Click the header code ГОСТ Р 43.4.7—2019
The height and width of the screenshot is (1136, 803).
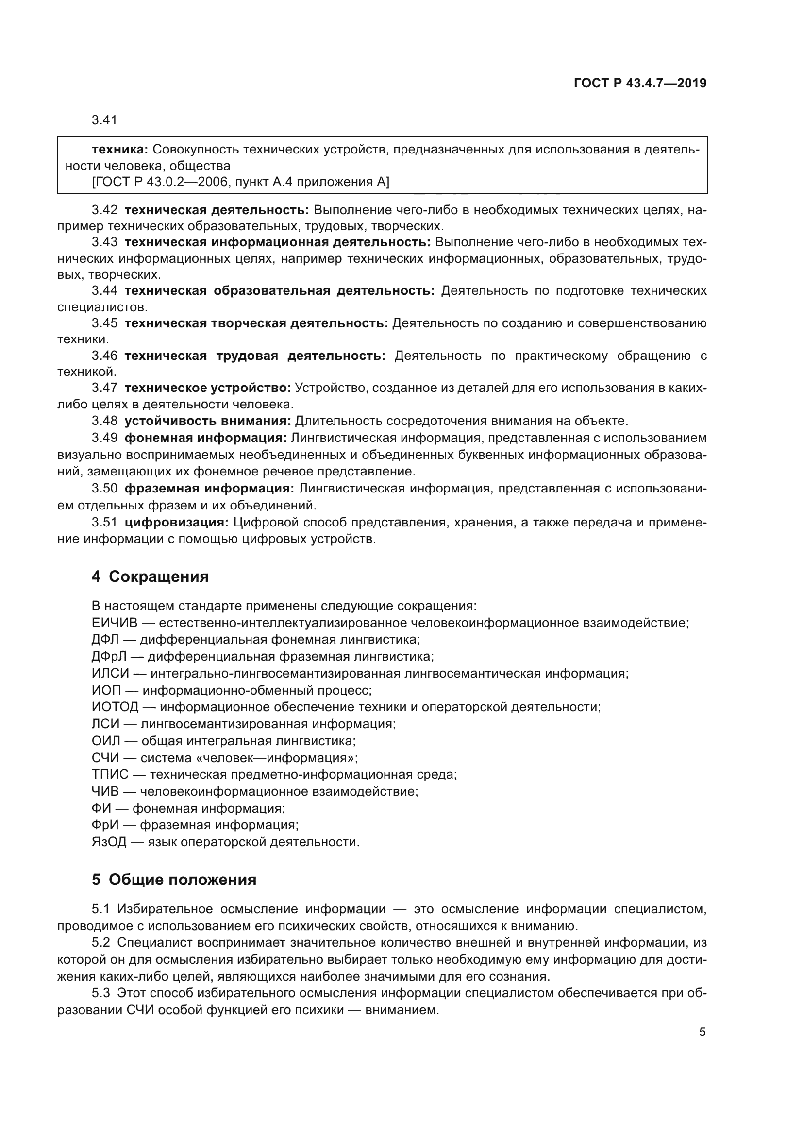[640, 83]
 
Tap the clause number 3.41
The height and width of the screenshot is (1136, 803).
[104, 120]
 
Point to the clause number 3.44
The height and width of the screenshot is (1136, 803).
[104, 290]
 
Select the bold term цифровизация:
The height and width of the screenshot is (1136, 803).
[176, 523]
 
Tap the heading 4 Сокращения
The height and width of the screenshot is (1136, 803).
[150, 576]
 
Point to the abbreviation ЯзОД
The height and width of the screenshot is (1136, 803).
[109, 842]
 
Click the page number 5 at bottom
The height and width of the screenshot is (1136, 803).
[702, 1032]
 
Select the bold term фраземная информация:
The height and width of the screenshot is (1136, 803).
[209, 489]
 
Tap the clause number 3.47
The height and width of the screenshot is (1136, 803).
[104, 388]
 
